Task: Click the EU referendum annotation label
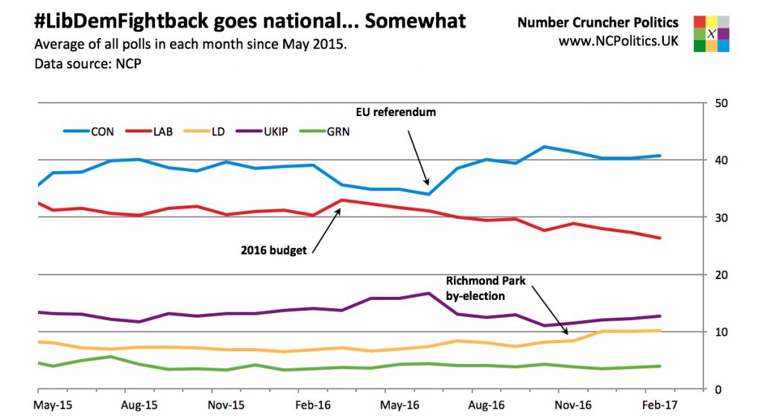(x=393, y=112)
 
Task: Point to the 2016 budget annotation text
(x=273, y=250)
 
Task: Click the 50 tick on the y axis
(x=721, y=103)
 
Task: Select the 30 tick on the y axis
(x=721, y=217)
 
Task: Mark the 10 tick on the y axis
(x=721, y=332)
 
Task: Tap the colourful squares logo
(x=711, y=33)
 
